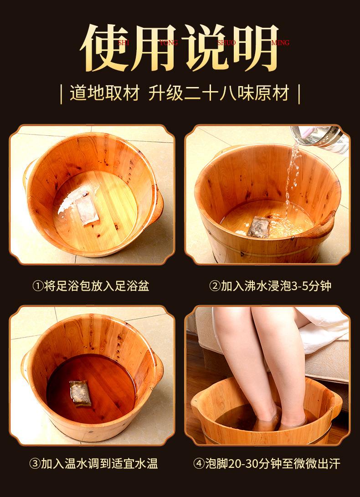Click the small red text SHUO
pos(227,43)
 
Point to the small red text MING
pos(280,43)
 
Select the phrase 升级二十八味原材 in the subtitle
pos(219,93)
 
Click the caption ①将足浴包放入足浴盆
pos(91,286)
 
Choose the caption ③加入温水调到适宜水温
pos(94,464)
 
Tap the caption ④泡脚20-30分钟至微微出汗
pos(267,464)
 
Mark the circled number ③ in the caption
pos(35,464)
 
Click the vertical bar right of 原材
pos(299,93)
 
